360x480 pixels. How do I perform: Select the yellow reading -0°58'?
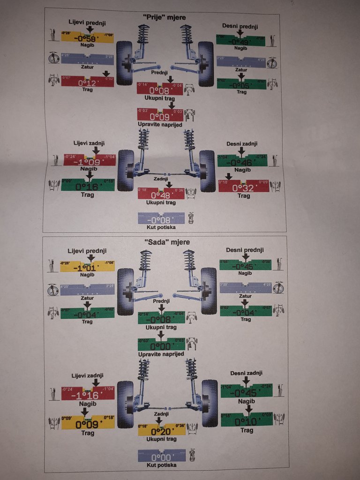pyautogui.click(x=88, y=37)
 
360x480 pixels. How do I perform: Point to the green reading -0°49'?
pyautogui.click(x=240, y=41)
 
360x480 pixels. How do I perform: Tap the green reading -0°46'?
pyautogui.click(x=242, y=162)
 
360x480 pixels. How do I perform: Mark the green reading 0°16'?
pyautogui.click(x=88, y=185)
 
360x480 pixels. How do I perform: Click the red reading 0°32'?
pyautogui.click(x=244, y=187)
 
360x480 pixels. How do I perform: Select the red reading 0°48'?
pyautogui.click(x=161, y=194)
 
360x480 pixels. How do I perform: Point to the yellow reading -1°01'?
pyautogui.click(x=88, y=267)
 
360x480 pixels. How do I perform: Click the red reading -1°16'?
pyautogui.click(x=88, y=394)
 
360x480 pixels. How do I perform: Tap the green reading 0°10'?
pyautogui.click(x=247, y=421)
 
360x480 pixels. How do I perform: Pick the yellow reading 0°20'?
pyautogui.click(x=162, y=430)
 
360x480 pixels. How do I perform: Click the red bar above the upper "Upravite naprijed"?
pyautogui.click(x=160, y=115)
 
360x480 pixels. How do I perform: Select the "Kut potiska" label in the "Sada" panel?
pyautogui.click(x=161, y=465)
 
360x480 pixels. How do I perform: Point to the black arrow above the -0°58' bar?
pyautogui.click(x=90, y=30)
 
